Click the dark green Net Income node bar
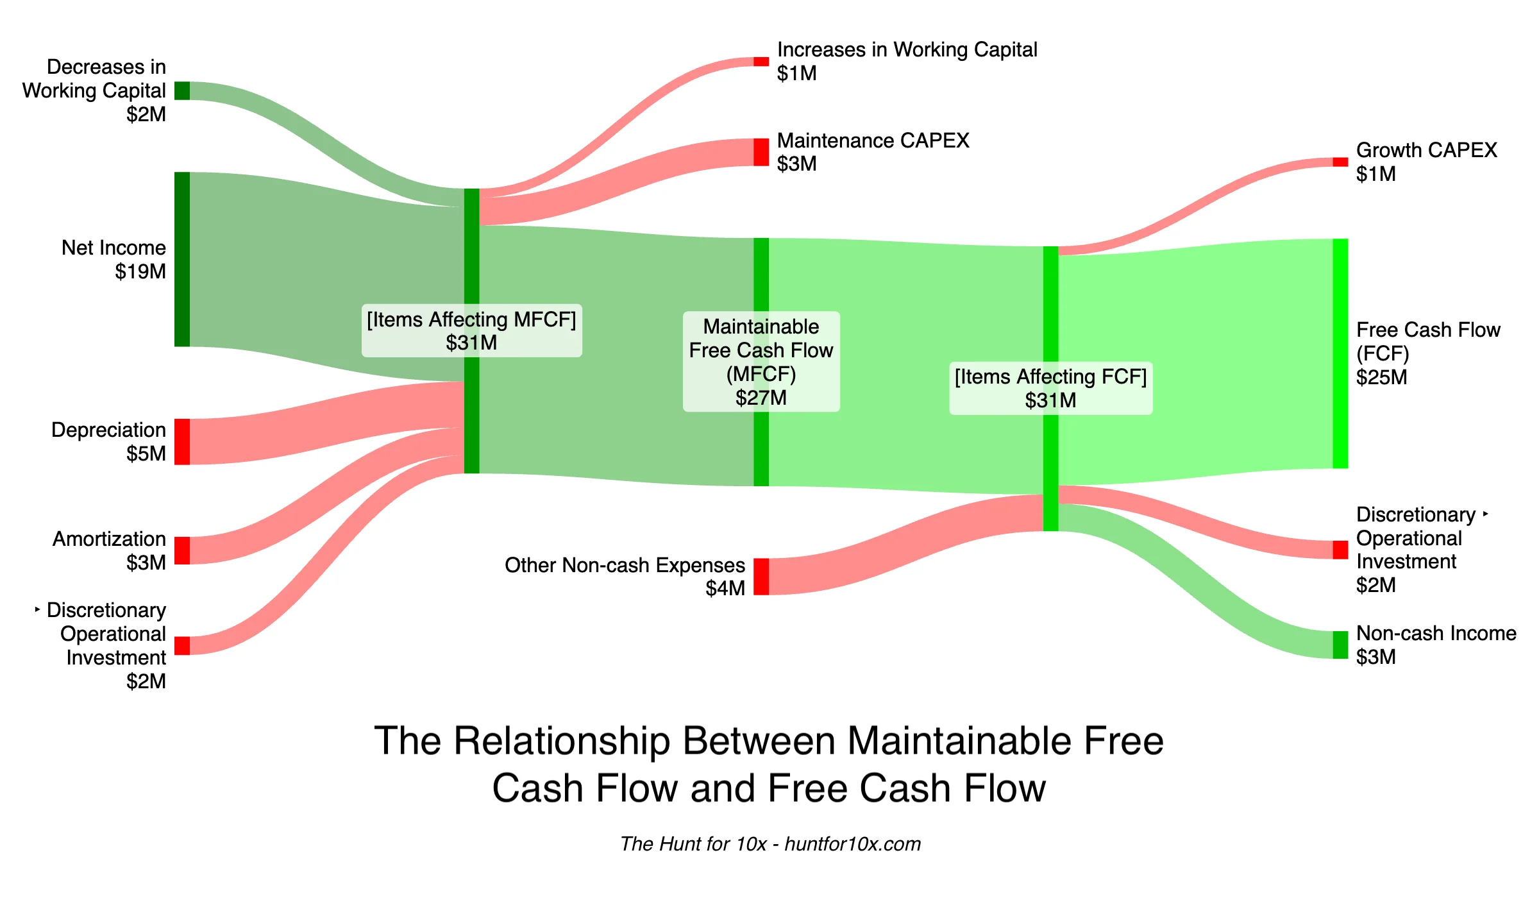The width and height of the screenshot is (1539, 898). pos(182,259)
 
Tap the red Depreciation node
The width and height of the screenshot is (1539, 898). pos(182,441)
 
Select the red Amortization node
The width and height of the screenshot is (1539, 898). pos(182,550)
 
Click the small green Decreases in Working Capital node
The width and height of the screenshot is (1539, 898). pos(182,90)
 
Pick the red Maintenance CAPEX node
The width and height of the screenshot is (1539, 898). pos(761,152)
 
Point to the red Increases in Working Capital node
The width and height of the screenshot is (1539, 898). pos(761,62)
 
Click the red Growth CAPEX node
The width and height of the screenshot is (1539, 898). pos(1340,162)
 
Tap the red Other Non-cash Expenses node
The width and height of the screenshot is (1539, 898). pos(761,576)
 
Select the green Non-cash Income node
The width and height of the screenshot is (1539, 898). pos(1340,645)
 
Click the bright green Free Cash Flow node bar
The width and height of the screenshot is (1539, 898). pos(1340,353)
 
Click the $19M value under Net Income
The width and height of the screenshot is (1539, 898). pos(140,271)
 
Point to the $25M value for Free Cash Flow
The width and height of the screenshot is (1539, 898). pos(1381,377)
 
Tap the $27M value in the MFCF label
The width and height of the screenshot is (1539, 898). pos(761,398)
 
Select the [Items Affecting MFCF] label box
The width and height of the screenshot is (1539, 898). pos(471,330)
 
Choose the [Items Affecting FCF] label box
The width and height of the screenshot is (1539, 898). pos(1050,388)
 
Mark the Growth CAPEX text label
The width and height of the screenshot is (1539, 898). pos(1426,150)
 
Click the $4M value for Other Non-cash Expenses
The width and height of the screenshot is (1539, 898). pos(725,588)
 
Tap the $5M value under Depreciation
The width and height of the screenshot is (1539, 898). pos(146,453)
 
